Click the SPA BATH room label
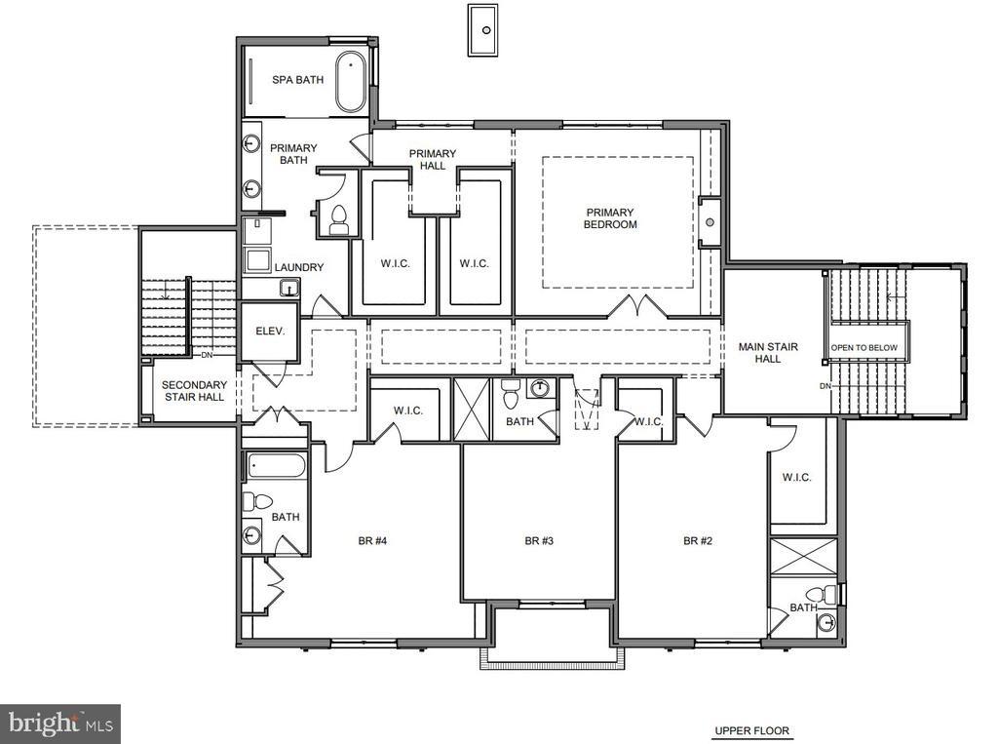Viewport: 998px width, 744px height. click(x=298, y=80)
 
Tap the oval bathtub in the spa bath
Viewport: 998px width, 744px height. click(x=351, y=82)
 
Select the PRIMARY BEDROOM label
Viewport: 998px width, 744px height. click(x=610, y=218)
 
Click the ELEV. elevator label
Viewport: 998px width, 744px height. click(x=271, y=332)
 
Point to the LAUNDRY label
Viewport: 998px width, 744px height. click(x=299, y=267)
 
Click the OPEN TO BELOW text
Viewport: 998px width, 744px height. click(x=864, y=348)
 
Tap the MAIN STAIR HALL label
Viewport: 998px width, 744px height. click(x=768, y=353)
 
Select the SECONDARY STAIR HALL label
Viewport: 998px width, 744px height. click(x=194, y=391)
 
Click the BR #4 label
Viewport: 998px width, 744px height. click(x=373, y=541)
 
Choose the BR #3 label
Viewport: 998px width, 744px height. click(x=539, y=541)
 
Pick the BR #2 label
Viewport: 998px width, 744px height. click(x=698, y=541)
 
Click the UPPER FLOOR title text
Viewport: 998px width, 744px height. click(x=751, y=730)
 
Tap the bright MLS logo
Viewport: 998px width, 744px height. click(x=60, y=724)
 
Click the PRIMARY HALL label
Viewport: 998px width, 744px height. click(x=433, y=159)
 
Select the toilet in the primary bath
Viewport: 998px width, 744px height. click(x=338, y=219)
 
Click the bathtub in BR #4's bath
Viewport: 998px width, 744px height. click(x=277, y=466)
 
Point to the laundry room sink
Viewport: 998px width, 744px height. click(x=289, y=288)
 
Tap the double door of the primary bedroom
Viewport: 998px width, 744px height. click(x=637, y=306)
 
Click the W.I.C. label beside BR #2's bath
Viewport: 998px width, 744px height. click(x=796, y=477)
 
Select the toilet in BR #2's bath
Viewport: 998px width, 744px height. click(x=825, y=594)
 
